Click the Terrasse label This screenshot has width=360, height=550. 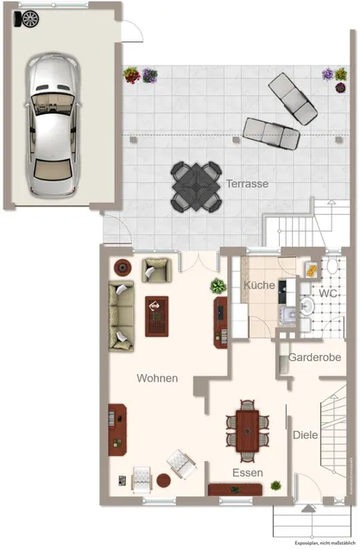point(248,183)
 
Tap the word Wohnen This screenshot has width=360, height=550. point(157,378)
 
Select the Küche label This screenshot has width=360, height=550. point(259,285)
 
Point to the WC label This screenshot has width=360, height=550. point(328,294)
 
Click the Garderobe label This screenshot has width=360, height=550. point(314,357)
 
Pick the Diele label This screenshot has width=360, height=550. point(306,435)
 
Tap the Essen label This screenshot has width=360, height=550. point(248,472)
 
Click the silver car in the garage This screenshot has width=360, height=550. point(53,125)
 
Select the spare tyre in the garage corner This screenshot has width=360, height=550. point(30,19)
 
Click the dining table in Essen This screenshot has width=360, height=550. point(248,431)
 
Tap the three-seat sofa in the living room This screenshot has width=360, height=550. point(121,316)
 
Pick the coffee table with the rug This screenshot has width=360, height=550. point(157,316)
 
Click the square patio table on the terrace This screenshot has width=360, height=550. point(196,187)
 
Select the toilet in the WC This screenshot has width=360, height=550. point(332,266)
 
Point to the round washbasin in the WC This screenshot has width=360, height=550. point(307,307)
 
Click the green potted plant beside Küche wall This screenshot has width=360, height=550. point(218,286)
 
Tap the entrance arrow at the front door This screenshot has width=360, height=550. point(309,508)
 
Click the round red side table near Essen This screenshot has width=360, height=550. point(163,480)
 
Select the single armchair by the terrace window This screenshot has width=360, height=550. point(157,270)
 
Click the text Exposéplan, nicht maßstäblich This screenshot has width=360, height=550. point(325,543)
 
